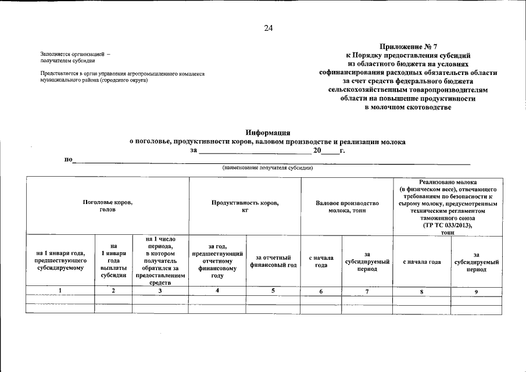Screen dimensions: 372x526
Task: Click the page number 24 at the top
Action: [268, 28]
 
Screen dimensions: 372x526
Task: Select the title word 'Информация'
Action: [267, 133]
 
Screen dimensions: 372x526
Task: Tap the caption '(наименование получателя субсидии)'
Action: [268, 167]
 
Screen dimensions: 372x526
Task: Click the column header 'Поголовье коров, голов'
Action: [108, 206]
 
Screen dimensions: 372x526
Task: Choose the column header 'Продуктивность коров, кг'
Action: [245, 206]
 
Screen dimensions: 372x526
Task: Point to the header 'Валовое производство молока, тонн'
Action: [347, 206]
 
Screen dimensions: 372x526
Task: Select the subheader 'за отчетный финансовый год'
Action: [273, 261]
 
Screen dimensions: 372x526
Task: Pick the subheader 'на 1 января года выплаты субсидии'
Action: [113, 260]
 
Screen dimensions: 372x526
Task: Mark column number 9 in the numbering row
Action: [475, 292]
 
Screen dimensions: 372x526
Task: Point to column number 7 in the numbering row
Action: [367, 291]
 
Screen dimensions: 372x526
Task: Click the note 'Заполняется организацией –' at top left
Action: [75, 54]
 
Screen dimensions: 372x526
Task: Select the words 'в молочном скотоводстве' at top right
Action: [407, 108]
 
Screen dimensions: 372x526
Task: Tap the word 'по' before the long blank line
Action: [67, 159]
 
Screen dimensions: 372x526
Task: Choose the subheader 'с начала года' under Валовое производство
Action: [321, 261]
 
